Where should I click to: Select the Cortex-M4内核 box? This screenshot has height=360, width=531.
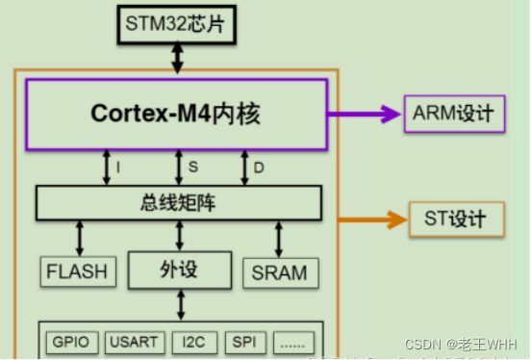[176, 114]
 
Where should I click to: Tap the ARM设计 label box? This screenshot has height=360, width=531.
[453, 114]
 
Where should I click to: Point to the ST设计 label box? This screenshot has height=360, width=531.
[457, 219]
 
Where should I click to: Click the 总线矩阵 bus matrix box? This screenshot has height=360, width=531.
[178, 202]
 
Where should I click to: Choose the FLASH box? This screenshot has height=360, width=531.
[77, 271]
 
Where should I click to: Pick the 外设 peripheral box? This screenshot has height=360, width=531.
[180, 269]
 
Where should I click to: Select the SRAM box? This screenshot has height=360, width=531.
[279, 271]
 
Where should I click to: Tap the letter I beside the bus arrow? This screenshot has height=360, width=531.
[117, 167]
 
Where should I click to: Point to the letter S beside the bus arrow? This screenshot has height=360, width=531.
[192, 167]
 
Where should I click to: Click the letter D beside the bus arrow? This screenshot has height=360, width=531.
[259, 167]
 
